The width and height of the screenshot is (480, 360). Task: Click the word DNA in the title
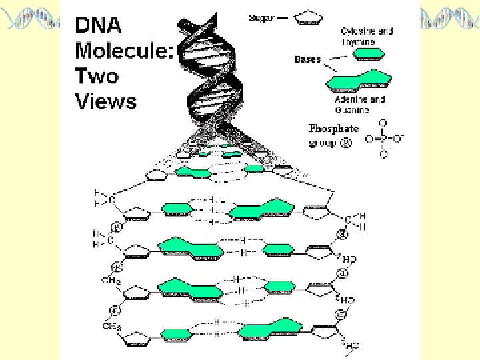pos(97,25)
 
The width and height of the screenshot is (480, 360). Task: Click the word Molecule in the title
pos(124,51)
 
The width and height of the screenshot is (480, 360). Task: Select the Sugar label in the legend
pos(262,17)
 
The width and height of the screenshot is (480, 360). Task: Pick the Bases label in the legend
pos(307,59)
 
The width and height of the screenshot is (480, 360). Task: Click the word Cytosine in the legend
pos(358,31)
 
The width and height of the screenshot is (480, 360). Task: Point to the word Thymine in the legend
pos(358,42)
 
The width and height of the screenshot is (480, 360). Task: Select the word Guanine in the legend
pos(352,110)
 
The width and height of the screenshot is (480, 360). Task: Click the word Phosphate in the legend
pos(333,129)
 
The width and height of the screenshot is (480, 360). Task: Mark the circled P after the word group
pos(346,143)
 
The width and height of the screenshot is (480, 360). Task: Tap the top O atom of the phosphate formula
pos(382,123)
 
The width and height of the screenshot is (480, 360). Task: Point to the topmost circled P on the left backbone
pos(116,227)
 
